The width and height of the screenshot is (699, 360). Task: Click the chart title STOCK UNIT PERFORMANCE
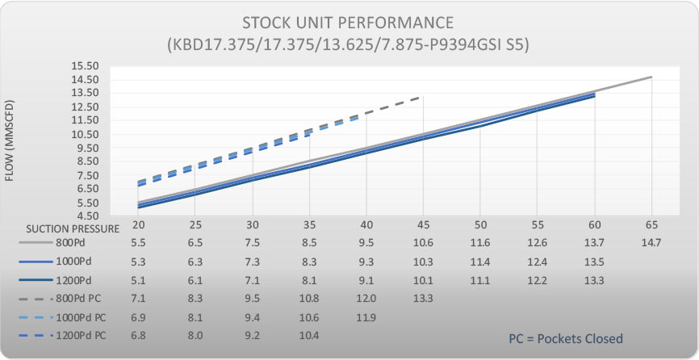[x=349, y=22]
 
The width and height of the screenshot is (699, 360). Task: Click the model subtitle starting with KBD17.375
[x=349, y=44]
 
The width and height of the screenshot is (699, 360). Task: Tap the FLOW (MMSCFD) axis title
[x=10, y=141]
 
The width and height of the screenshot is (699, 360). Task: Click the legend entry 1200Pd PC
[x=77, y=333]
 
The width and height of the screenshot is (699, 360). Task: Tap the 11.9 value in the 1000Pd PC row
[x=366, y=316]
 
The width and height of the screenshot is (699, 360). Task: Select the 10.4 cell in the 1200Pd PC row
[x=310, y=334]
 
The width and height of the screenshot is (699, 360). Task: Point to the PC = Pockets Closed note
[x=566, y=338]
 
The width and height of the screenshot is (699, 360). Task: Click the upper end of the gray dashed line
[x=421, y=97]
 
